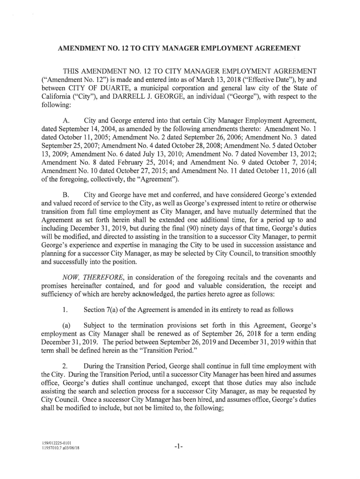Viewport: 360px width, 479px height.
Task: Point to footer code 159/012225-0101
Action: tap(56, 443)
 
